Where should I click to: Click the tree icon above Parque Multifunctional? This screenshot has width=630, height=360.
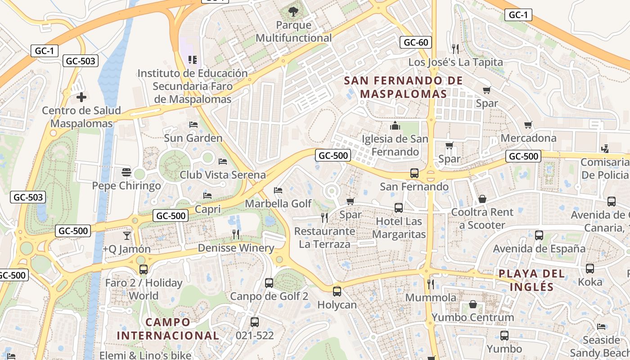click(293, 11)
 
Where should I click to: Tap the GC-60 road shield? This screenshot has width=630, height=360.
click(416, 43)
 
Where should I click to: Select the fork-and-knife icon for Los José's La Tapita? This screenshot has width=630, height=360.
click(455, 49)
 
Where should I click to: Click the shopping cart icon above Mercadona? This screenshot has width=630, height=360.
click(528, 125)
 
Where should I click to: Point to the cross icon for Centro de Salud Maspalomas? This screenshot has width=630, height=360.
click(81, 97)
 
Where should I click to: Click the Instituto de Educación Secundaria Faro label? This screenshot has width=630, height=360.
click(192, 86)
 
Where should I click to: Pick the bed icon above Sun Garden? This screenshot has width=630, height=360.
click(193, 124)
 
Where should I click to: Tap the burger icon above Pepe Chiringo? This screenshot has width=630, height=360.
click(126, 172)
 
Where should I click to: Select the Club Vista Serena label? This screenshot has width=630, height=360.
click(223, 175)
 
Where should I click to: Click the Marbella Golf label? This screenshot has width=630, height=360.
click(278, 203)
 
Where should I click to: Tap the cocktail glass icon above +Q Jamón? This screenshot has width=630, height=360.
click(126, 235)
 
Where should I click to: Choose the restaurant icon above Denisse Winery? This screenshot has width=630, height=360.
click(236, 234)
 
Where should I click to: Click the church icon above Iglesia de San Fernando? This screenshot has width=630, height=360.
click(396, 125)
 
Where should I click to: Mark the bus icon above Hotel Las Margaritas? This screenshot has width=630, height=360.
click(399, 207)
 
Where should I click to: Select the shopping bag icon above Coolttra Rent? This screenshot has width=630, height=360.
click(482, 198)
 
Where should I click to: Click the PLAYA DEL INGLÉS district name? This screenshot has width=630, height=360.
click(531, 280)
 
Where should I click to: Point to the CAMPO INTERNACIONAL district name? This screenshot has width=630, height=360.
click(168, 329)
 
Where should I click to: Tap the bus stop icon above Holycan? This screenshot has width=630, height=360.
click(337, 291)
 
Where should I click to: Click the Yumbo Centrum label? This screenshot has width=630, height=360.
click(472, 317)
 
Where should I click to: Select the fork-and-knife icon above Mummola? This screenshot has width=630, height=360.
click(431, 284)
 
